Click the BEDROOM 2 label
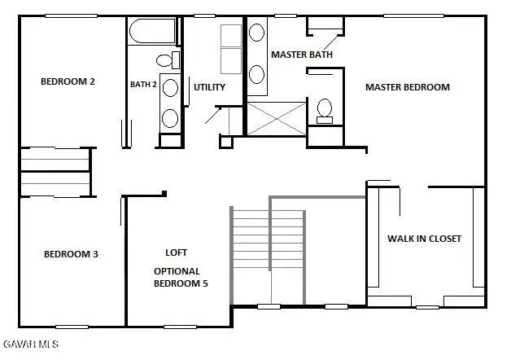68,81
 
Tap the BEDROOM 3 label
71,254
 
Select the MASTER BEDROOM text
407,87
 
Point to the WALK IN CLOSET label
423,239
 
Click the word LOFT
177,252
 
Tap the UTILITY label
209,87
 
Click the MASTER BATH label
301,55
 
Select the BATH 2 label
143,84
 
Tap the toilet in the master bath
325,109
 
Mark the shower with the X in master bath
277,118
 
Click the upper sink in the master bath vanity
256,33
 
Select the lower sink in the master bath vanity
256,73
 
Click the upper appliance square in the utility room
231,36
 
